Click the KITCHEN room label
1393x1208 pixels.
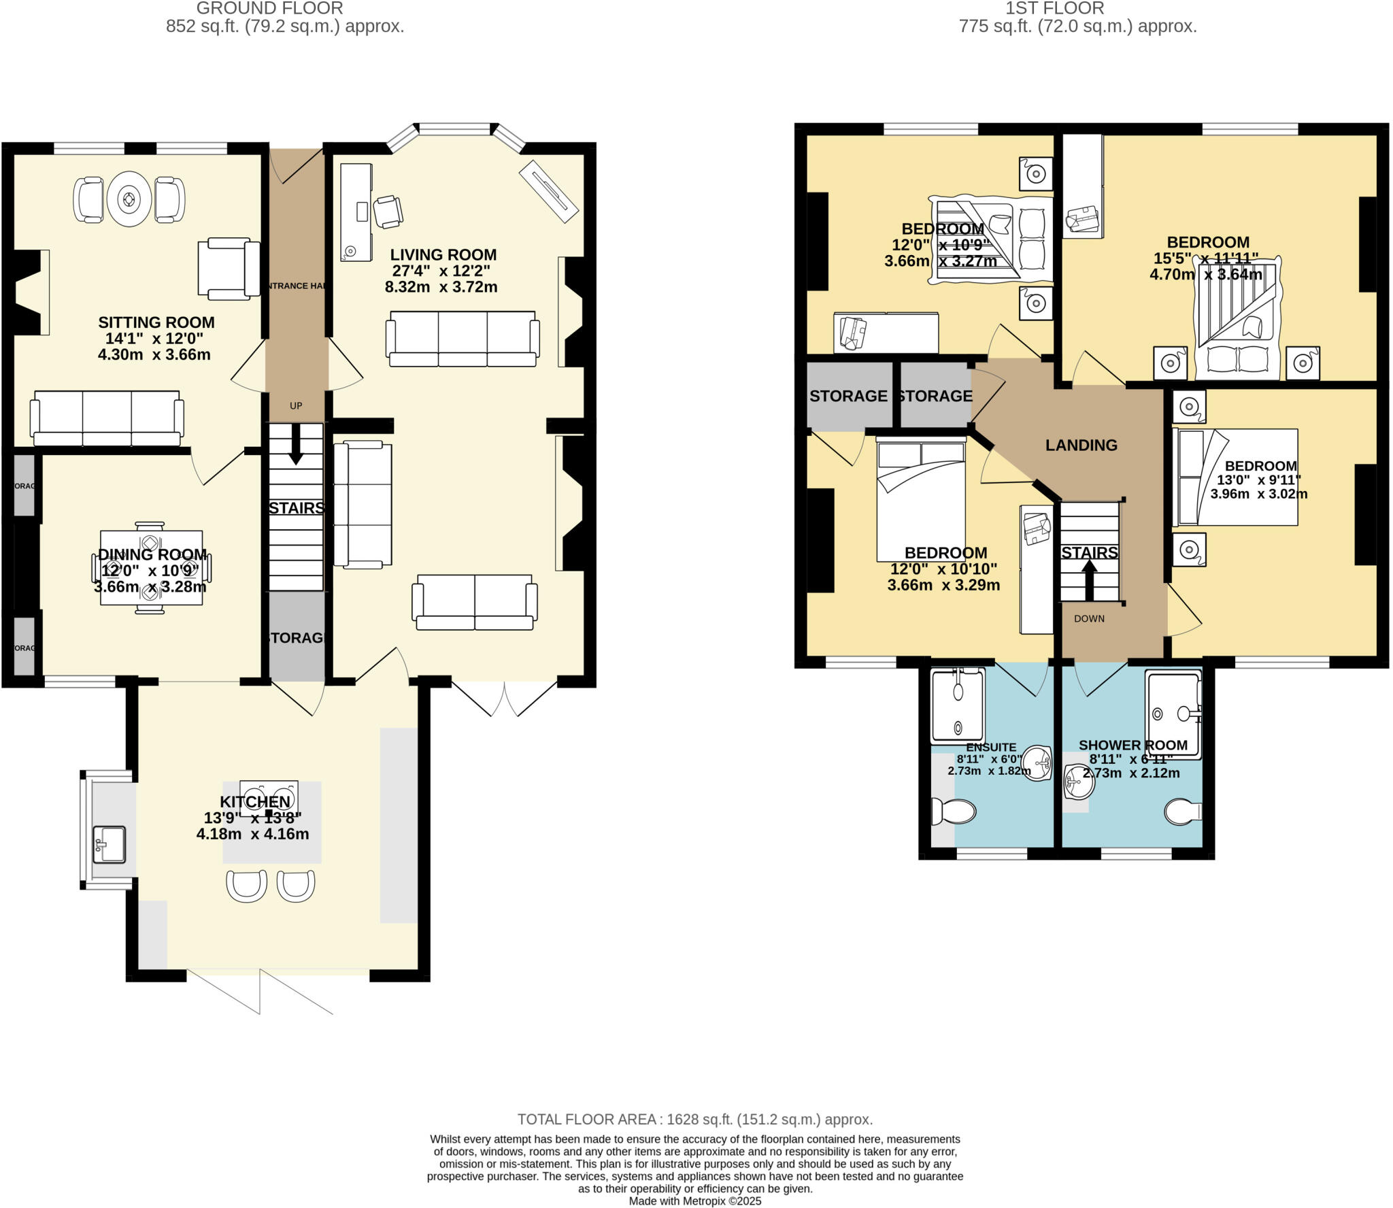pos(254,802)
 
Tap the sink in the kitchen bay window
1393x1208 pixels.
pos(109,844)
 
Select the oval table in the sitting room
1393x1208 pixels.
pos(129,200)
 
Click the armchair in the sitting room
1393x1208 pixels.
pos(229,269)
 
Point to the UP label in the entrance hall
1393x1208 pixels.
pos(296,406)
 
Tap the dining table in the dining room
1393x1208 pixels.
pos(151,567)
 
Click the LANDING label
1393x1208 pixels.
pos(1081,445)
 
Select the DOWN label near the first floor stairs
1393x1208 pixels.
pos(1089,618)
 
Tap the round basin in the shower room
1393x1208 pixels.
pos(1079,782)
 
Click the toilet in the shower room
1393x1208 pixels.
pos(1183,811)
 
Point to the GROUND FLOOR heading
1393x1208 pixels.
pos(269,8)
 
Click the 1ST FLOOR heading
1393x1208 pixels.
pos(1079,8)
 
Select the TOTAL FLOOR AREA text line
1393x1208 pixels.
pos(694,1119)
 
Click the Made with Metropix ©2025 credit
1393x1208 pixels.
pos(694,1201)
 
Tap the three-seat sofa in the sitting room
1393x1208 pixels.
pos(107,417)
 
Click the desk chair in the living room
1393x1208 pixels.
pos(388,211)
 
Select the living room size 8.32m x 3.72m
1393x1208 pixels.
pos(441,287)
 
